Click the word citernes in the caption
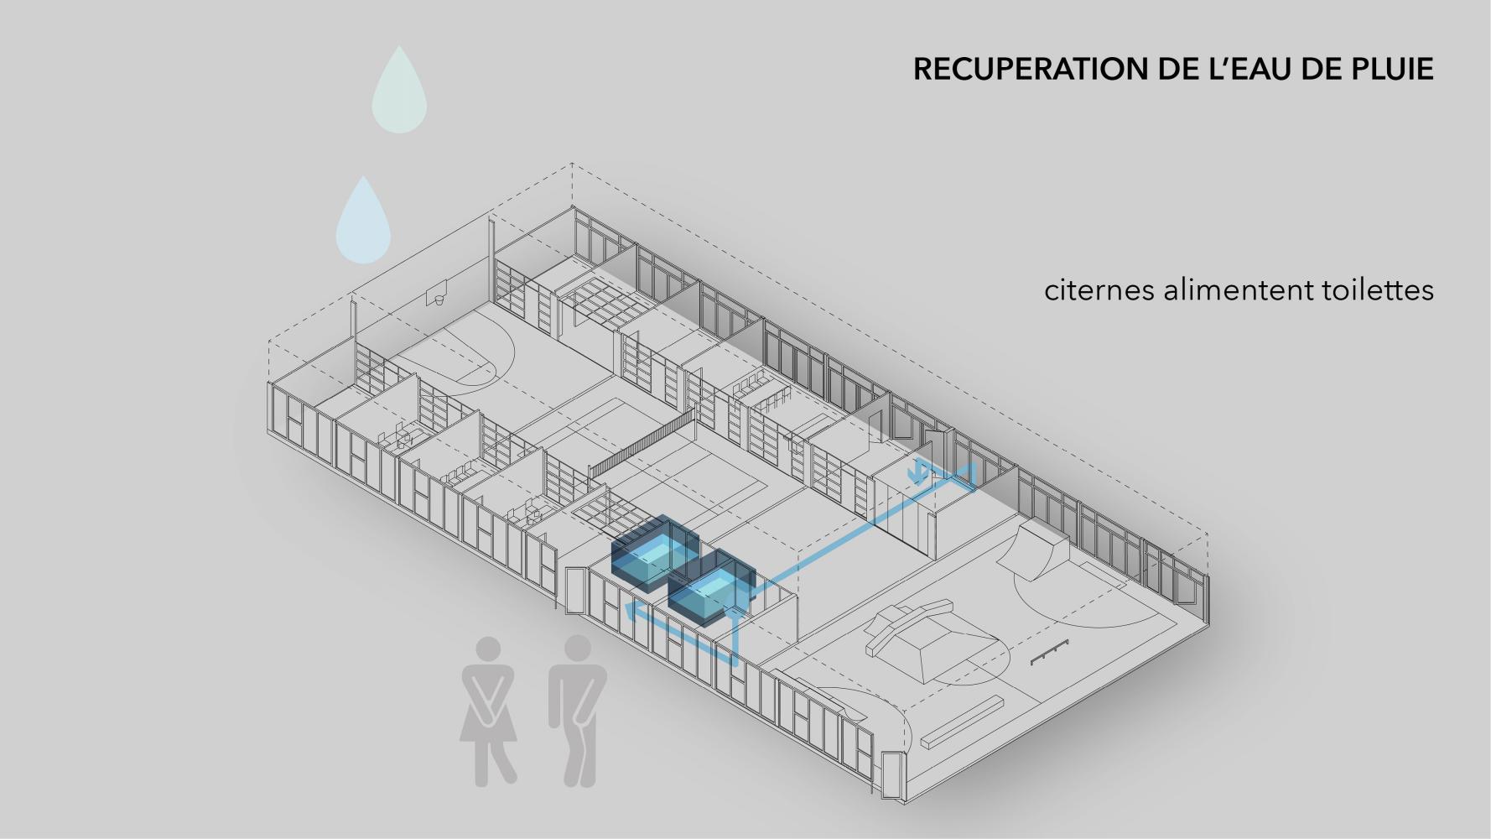pyautogui.click(x=1098, y=291)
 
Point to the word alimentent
pyautogui.click(x=1225, y=291)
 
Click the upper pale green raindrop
pyautogui.click(x=399, y=92)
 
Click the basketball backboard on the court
pyautogui.click(x=437, y=296)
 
